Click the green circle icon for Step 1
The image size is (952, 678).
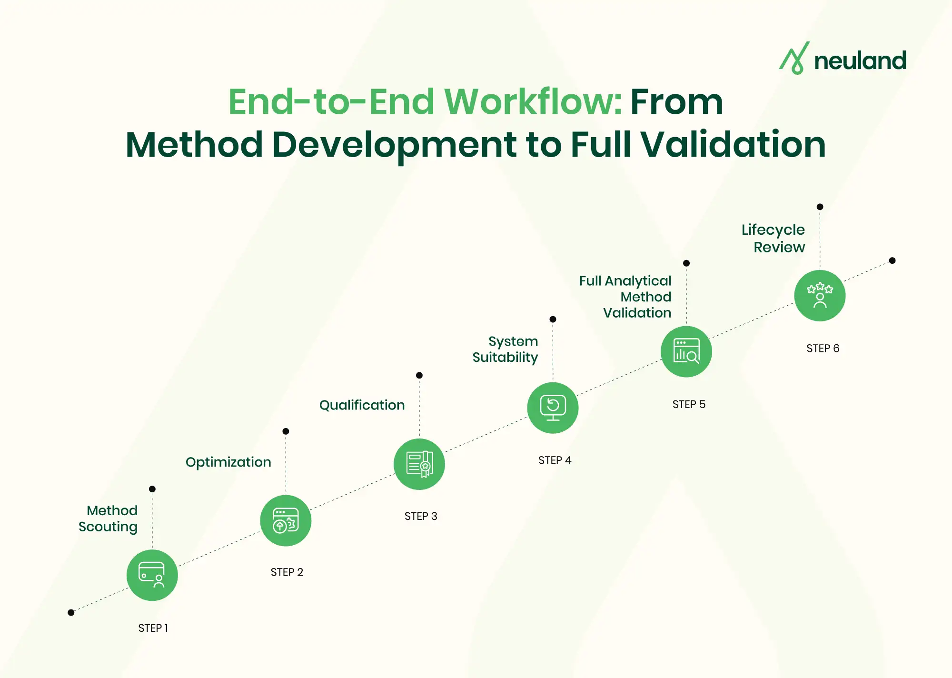tap(152, 575)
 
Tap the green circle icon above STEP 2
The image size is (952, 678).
tap(286, 520)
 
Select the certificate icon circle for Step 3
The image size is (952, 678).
tap(419, 464)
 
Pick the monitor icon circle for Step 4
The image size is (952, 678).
tap(553, 408)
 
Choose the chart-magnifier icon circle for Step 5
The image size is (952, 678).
tap(686, 352)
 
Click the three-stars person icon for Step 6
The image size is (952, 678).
tap(820, 296)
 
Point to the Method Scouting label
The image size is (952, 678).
tap(109, 518)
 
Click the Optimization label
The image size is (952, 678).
tap(228, 462)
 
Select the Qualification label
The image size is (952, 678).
tap(362, 405)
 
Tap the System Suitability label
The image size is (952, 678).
tap(506, 349)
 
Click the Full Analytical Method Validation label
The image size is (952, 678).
tap(625, 297)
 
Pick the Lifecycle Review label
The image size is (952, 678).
tap(773, 238)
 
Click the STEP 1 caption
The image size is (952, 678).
tap(153, 628)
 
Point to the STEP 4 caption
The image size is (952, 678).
tap(555, 460)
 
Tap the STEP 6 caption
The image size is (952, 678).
tap(823, 349)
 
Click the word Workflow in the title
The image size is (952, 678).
tap(533, 102)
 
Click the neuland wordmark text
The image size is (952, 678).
tap(860, 61)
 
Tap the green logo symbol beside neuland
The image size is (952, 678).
tap(794, 58)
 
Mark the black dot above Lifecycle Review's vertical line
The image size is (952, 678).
tap(820, 207)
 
